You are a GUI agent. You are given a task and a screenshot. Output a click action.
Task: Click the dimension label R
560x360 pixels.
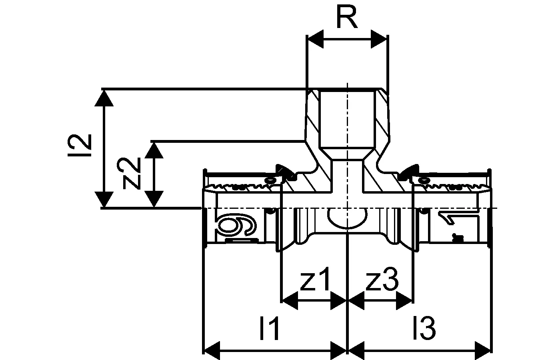[x=346, y=18]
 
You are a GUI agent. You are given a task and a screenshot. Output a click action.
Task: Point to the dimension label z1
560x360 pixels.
[x=316, y=280]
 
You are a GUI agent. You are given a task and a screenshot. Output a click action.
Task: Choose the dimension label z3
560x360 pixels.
[x=382, y=280]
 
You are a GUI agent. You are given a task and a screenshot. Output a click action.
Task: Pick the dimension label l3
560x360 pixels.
[x=425, y=328]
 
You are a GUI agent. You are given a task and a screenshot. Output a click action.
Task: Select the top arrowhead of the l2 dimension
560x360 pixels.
[x=104, y=98]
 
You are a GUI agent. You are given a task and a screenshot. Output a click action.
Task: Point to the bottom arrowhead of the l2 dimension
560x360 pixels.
[x=104, y=199]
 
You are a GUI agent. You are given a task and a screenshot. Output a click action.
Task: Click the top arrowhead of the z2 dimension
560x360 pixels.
[x=154, y=150]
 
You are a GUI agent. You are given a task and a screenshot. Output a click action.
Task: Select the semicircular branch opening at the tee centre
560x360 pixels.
[x=347, y=218]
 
